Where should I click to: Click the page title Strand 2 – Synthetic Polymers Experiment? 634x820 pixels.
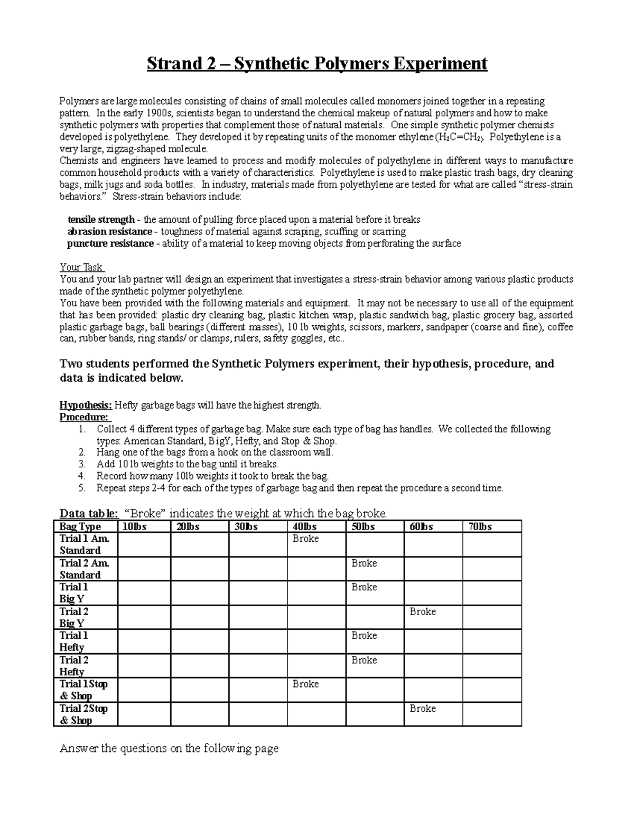pyautogui.click(x=316, y=64)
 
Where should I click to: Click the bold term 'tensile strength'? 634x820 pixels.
pyautogui.click(x=101, y=220)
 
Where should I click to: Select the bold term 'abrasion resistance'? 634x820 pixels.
pyautogui.click(x=110, y=232)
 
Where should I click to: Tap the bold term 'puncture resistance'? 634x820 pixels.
pyautogui.click(x=110, y=244)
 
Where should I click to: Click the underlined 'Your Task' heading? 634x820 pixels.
pyautogui.click(x=81, y=267)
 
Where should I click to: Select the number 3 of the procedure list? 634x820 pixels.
pyautogui.click(x=81, y=464)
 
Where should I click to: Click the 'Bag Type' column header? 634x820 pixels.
pyautogui.click(x=80, y=526)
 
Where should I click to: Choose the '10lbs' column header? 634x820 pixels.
pyautogui.click(x=135, y=526)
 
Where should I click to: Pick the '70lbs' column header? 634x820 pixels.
pyautogui.click(x=480, y=526)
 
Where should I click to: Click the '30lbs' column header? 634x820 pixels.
pyautogui.click(x=246, y=526)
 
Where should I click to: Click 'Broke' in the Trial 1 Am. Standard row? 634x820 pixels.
pyautogui.click(x=306, y=539)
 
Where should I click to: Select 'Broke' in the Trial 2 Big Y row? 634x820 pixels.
pyautogui.click(x=423, y=611)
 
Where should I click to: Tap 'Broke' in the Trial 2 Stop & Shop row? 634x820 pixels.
pyautogui.click(x=423, y=709)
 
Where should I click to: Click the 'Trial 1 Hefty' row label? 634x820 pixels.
pyautogui.click(x=73, y=642)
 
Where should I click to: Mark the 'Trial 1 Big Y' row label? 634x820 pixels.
pyautogui.click(x=73, y=593)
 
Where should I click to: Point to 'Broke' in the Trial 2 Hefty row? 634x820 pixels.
pyautogui.click(x=364, y=660)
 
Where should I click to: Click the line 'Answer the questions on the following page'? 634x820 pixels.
pyautogui.click(x=169, y=749)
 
